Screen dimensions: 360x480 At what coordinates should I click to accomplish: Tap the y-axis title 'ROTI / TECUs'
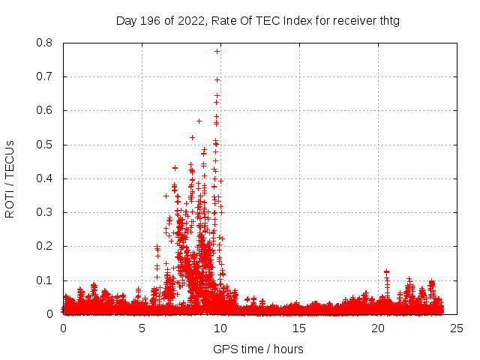[10, 178]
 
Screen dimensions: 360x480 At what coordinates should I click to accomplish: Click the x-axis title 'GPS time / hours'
[258, 349]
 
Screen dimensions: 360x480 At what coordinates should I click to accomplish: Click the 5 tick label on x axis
[142, 328]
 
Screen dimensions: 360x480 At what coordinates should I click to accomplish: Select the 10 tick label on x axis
[220, 328]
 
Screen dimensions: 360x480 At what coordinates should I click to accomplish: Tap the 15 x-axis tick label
[299, 328]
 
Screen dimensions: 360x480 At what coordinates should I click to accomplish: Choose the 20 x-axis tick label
[378, 328]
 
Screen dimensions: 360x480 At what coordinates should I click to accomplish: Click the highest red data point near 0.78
[217, 51]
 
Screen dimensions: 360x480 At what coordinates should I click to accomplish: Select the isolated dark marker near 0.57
[199, 121]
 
